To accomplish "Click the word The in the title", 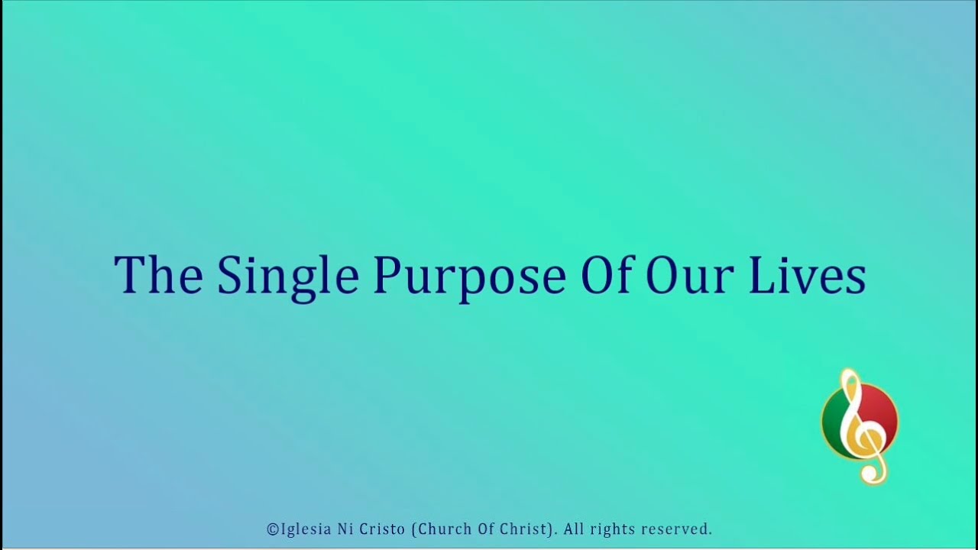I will pyautogui.click(x=158, y=274).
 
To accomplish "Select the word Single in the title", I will pyautogui.click(x=287, y=277).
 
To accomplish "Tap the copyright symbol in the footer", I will pyautogui.click(x=273, y=529).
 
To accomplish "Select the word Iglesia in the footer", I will pyautogui.click(x=306, y=529).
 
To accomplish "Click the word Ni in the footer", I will pyautogui.click(x=345, y=529).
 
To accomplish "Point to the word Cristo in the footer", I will pyautogui.click(x=382, y=529).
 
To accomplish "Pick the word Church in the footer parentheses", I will pyautogui.click(x=439, y=529).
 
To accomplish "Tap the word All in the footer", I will pyautogui.click(x=574, y=529).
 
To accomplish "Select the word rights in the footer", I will pyautogui.click(x=614, y=529).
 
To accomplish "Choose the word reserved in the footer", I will pyautogui.click(x=676, y=529).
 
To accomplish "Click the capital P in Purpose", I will pyautogui.click(x=384, y=274).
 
